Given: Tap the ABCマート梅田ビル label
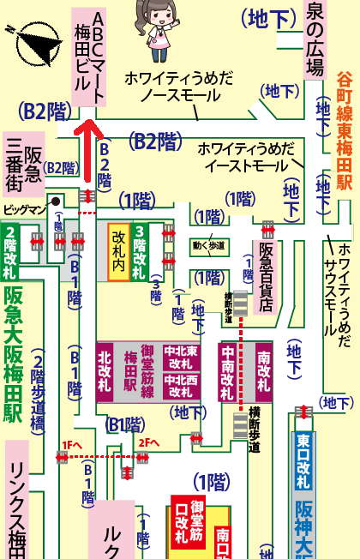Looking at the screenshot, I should [89, 57].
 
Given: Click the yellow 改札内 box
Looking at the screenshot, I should [118, 251].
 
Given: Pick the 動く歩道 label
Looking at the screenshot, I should [208, 247].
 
